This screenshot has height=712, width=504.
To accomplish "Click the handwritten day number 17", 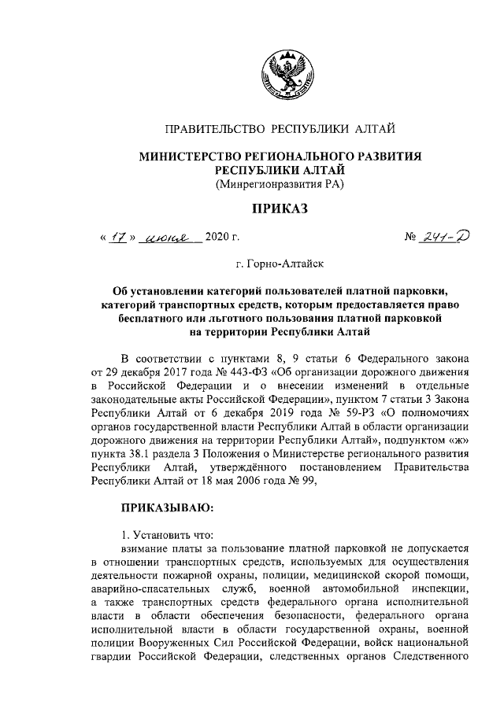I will [117, 236].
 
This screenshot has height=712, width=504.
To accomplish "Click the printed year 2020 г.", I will [221, 236].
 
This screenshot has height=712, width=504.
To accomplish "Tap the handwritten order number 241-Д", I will [443, 235].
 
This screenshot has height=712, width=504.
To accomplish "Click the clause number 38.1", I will [139, 456].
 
